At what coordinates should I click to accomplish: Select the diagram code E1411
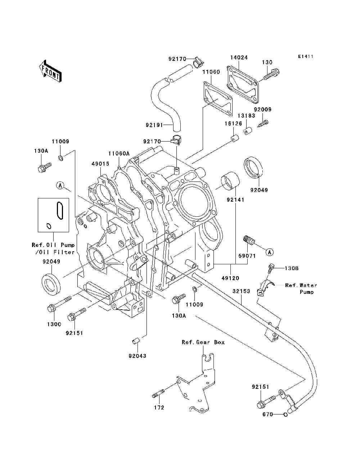pos(306,57)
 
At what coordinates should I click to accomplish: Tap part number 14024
pos(239,58)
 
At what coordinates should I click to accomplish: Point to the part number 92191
pos(154,125)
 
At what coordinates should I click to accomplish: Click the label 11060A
pos(119,153)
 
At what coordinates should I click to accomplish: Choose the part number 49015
pos(100,164)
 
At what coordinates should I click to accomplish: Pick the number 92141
pos(235,199)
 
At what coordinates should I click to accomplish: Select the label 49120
pos(230,278)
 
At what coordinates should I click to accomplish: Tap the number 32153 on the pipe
pos(241,291)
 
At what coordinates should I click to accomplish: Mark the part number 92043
pos(138,356)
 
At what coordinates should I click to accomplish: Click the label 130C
pos(54,324)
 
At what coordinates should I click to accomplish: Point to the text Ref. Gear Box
pos(203,342)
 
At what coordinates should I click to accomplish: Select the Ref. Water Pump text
pos(301,288)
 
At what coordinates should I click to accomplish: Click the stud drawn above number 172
pos(158,394)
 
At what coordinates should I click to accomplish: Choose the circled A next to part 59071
pos(270,252)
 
